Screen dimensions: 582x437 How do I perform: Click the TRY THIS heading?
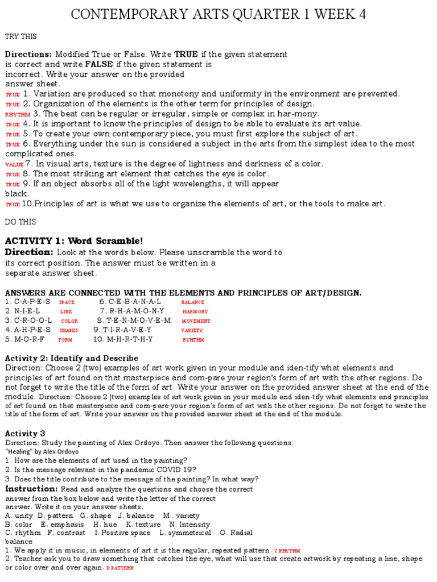click(x=21, y=36)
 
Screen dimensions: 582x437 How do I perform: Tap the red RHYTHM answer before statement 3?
click(x=18, y=114)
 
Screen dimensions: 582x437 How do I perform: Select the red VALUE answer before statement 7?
click(x=14, y=164)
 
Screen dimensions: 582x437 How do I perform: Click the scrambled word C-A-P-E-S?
click(x=28, y=302)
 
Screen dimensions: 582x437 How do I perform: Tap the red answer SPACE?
click(x=67, y=302)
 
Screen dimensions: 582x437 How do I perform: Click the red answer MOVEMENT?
click(x=196, y=321)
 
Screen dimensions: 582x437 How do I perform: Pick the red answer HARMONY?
click(x=195, y=311)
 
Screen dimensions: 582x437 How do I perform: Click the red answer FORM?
click(x=65, y=340)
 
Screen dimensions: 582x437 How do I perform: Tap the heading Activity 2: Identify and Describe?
click(x=72, y=358)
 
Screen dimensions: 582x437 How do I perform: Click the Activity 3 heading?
click(x=25, y=434)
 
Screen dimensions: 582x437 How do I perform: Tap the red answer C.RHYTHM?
click(x=287, y=551)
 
